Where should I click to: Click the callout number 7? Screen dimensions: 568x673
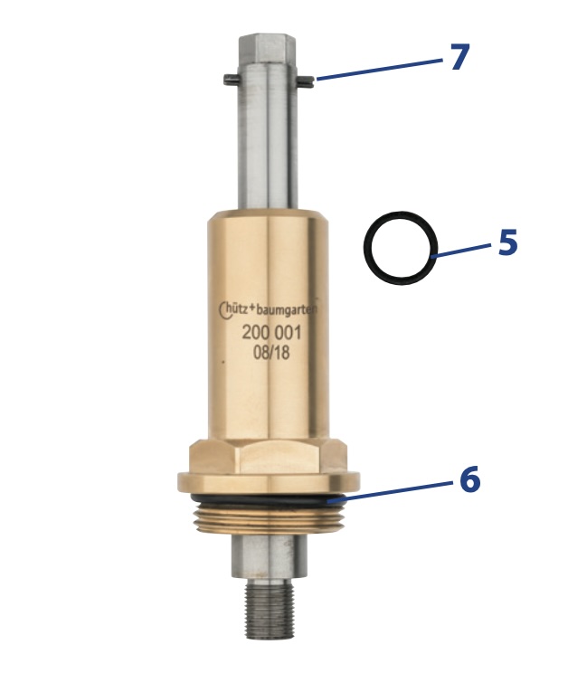459,57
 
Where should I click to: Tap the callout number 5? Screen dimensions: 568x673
508,242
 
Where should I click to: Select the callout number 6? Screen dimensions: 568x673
470,479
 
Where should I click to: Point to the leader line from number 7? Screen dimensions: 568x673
380,69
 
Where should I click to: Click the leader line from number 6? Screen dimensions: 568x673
390,491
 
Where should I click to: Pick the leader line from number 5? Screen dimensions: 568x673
460,251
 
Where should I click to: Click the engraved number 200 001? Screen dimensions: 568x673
271,333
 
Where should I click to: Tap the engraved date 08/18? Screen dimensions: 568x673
271,353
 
